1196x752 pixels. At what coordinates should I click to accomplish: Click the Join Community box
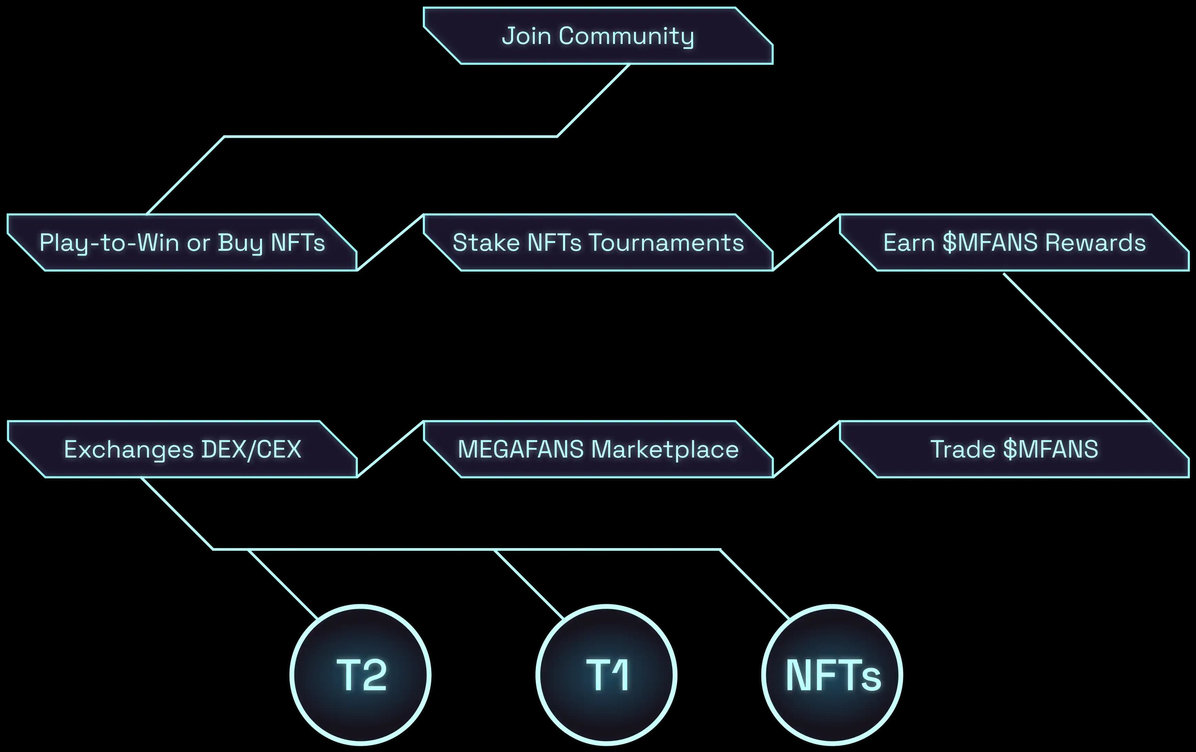598,36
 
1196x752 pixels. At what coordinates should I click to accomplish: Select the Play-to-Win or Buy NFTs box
182,243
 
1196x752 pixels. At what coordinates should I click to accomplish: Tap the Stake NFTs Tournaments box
598,243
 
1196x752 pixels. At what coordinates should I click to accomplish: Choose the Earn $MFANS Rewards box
1014,243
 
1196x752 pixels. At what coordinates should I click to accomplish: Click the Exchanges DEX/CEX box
182,449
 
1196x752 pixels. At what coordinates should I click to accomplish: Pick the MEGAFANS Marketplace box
598,449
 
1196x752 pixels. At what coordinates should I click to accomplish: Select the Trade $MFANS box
1014,449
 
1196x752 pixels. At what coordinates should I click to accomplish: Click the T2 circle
361,675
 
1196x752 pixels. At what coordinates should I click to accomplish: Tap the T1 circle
606,675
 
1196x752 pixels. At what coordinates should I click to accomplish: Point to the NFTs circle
832,675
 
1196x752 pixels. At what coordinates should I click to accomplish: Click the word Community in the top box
626,36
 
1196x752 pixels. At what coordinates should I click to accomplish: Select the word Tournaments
667,243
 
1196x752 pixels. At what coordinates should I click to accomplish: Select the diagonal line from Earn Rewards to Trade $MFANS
1078,348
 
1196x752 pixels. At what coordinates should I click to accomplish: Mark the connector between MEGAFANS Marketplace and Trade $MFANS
807,449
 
